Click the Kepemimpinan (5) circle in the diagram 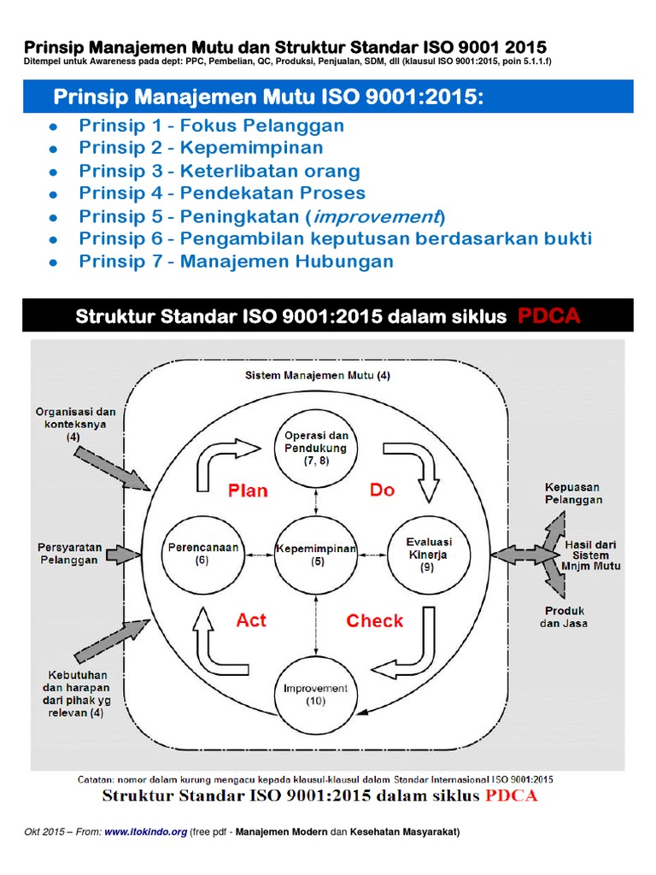coord(315,555)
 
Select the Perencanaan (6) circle coord(202,555)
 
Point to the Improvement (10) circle coord(315,694)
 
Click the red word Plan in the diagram coord(248,490)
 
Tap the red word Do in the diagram coord(382,490)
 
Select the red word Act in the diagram coord(251,620)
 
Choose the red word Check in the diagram coord(375,621)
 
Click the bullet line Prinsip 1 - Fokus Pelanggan coord(212,126)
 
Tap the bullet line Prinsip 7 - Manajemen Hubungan coord(237,261)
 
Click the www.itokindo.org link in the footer coord(145,833)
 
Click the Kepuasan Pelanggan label coord(573,493)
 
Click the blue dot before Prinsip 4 coord(53,194)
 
